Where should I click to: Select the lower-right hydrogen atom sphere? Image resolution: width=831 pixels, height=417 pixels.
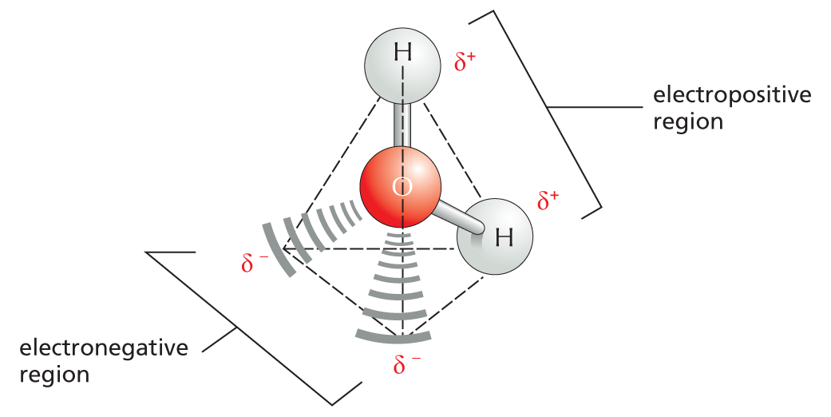click(496, 238)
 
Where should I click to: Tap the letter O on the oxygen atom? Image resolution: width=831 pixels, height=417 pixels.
click(402, 188)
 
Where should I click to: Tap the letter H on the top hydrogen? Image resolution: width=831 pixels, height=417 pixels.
click(403, 54)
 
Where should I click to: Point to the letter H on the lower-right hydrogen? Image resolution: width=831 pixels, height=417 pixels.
click(504, 237)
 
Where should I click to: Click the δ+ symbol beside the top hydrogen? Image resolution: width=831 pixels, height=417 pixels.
click(465, 64)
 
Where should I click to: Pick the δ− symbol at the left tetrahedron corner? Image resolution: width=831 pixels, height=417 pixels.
click(255, 262)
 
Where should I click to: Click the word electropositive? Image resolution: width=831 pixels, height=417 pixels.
click(732, 97)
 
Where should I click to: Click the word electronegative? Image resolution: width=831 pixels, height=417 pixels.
click(104, 349)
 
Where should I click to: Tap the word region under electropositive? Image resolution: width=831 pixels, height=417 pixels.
click(687, 123)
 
